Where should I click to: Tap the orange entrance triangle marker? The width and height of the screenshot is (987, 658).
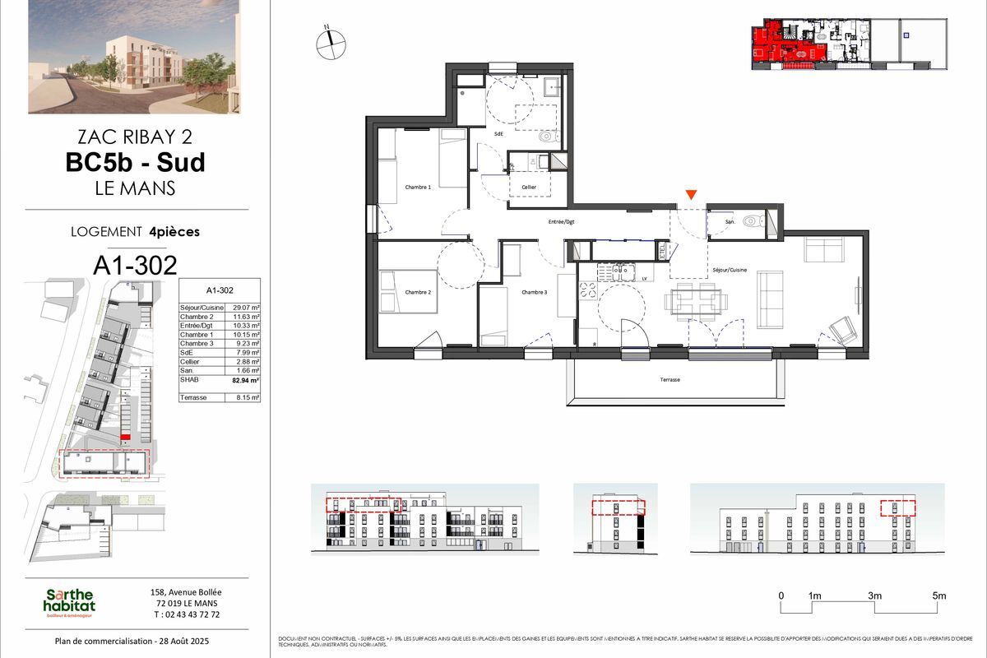(x=692, y=195)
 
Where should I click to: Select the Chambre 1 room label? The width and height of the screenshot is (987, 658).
(x=418, y=188)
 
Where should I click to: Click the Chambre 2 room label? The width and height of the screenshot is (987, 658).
(x=418, y=292)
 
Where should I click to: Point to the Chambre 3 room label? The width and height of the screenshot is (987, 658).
(x=534, y=292)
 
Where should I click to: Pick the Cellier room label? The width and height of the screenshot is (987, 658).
(x=528, y=188)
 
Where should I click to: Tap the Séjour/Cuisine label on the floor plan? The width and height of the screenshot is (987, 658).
(x=730, y=270)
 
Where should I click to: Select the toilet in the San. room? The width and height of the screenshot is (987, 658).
(x=752, y=221)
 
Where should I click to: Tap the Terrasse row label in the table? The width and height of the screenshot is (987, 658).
(x=196, y=397)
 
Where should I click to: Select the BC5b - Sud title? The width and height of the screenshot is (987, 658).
(x=136, y=162)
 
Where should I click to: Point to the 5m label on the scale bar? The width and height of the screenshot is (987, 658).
(x=939, y=595)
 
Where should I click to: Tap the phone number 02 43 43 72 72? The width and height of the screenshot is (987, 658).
(x=186, y=614)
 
